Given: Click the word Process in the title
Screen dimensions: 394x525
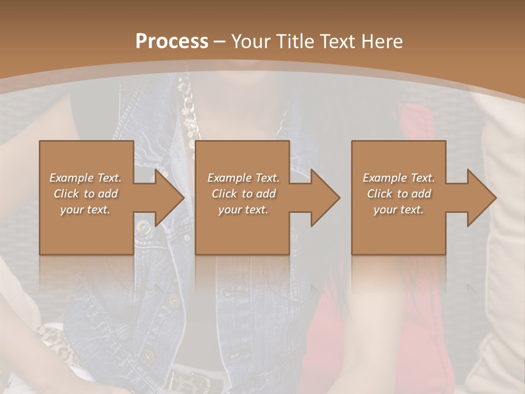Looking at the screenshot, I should tap(172, 42).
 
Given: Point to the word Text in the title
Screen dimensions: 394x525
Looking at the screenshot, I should tap(337, 42).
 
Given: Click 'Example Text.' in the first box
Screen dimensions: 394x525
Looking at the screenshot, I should tap(86, 178).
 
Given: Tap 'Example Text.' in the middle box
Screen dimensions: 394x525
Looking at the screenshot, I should tap(243, 178).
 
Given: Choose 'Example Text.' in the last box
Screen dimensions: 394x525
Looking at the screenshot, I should tap(399, 178).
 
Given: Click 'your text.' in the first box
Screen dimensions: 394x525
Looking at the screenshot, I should tap(85, 210).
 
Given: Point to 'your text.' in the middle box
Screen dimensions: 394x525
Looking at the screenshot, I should tap(243, 210).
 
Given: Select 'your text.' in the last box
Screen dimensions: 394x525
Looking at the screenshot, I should tap(399, 210).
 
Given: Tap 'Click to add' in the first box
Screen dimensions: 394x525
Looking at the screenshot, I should tap(86, 194).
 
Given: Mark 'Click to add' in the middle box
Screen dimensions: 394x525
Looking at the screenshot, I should tap(243, 194).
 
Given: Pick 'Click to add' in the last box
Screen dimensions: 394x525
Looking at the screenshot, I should tap(399, 194).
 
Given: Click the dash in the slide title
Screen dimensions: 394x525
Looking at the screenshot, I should tap(220, 42).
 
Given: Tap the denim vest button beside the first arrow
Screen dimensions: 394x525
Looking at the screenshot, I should tap(143, 225).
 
